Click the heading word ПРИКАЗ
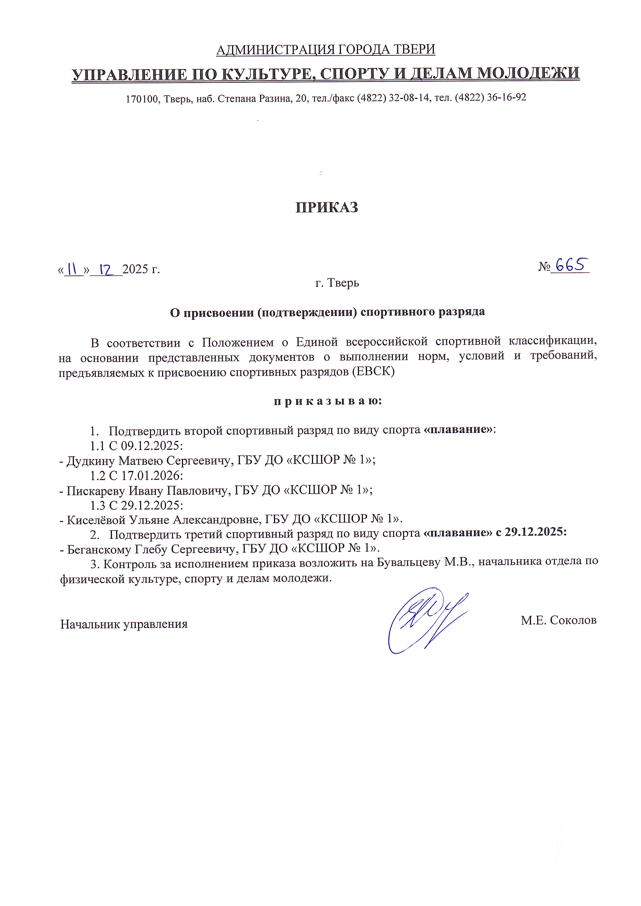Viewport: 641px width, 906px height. [x=326, y=207]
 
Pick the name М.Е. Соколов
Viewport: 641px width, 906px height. [x=558, y=620]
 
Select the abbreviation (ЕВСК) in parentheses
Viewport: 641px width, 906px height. [x=373, y=372]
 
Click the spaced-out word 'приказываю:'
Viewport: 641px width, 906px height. [x=328, y=401]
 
